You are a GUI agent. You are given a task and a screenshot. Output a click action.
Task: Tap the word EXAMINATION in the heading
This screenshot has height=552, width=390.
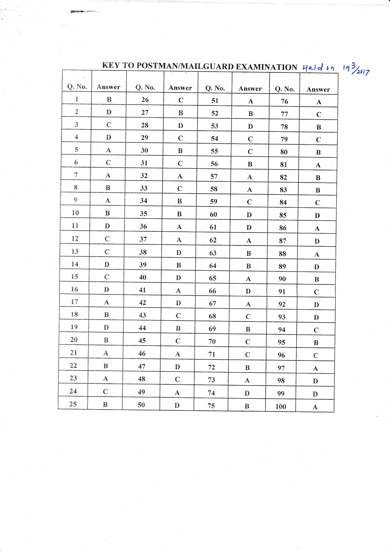[x=266, y=67]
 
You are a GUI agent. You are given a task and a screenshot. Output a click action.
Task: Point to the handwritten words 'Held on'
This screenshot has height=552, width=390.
[x=318, y=68]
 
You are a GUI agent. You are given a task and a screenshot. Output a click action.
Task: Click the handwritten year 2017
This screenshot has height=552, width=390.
[x=363, y=72]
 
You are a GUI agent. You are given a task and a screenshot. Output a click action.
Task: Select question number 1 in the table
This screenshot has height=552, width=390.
[x=77, y=99]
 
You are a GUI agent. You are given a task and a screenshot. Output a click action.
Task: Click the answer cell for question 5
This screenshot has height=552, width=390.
[x=108, y=150]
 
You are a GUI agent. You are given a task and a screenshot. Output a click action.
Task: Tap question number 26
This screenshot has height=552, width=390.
[x=145, y=100]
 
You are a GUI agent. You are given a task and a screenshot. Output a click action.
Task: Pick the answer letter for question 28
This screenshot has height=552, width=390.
[x=180, y=126]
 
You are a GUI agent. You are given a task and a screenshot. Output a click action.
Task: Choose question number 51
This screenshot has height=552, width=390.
[x=214, y=101]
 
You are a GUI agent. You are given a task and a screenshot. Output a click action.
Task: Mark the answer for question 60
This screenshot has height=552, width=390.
[x=249, y=215]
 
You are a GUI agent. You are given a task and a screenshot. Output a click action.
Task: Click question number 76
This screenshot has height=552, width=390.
[x=284, y=102]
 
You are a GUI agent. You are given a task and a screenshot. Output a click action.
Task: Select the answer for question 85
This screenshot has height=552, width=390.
[x=317, y=216]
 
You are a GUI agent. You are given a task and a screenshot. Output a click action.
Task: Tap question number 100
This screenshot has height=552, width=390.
[x=281, y=406]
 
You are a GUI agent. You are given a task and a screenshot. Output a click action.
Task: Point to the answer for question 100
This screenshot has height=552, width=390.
[x=315, y=407]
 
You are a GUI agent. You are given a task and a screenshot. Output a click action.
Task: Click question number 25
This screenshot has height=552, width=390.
[x=73, y=404]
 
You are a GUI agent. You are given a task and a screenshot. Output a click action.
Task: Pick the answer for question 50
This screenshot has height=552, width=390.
[x=177, y=405]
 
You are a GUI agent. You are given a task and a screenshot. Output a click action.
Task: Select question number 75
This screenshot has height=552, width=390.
[x=211, y=406]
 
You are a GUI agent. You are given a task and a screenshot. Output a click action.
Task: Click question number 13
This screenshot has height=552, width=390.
[x=75, y=251]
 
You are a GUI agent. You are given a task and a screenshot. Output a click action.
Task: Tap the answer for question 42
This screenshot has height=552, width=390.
[x=178, y=303]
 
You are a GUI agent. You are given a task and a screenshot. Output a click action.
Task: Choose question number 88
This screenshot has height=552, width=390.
[x=282, y=254]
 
